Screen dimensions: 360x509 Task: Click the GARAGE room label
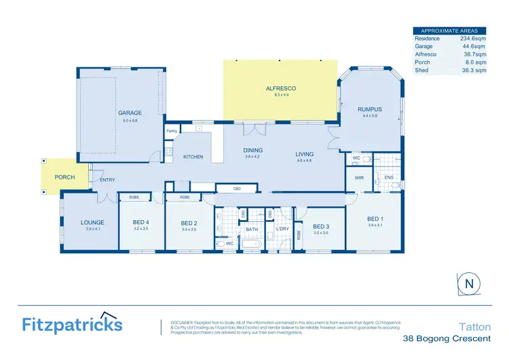(x=129, y=113)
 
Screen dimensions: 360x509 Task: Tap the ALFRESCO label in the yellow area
(x=281, y=88)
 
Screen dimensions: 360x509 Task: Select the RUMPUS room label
(x=370, y=109)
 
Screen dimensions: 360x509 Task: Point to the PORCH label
(x=65, y=177)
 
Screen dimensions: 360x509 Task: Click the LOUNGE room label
(x=92, y=222)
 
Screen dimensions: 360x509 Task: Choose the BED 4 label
(x=140, y=222)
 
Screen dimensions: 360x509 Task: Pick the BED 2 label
(x=189, y=222)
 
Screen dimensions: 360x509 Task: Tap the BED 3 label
(x=321, y=226)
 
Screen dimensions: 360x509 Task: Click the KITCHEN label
(x=193, y=157)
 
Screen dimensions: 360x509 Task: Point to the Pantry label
(x=172, y=131)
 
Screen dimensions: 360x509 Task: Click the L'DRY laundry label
(x=283, y=230)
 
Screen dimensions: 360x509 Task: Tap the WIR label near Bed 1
(x=359, y=177)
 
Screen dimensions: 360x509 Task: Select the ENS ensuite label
(x=389, y=177)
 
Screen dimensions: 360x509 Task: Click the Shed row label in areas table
(x=421, y=70)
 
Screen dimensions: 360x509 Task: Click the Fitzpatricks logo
(x=71, y=323)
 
